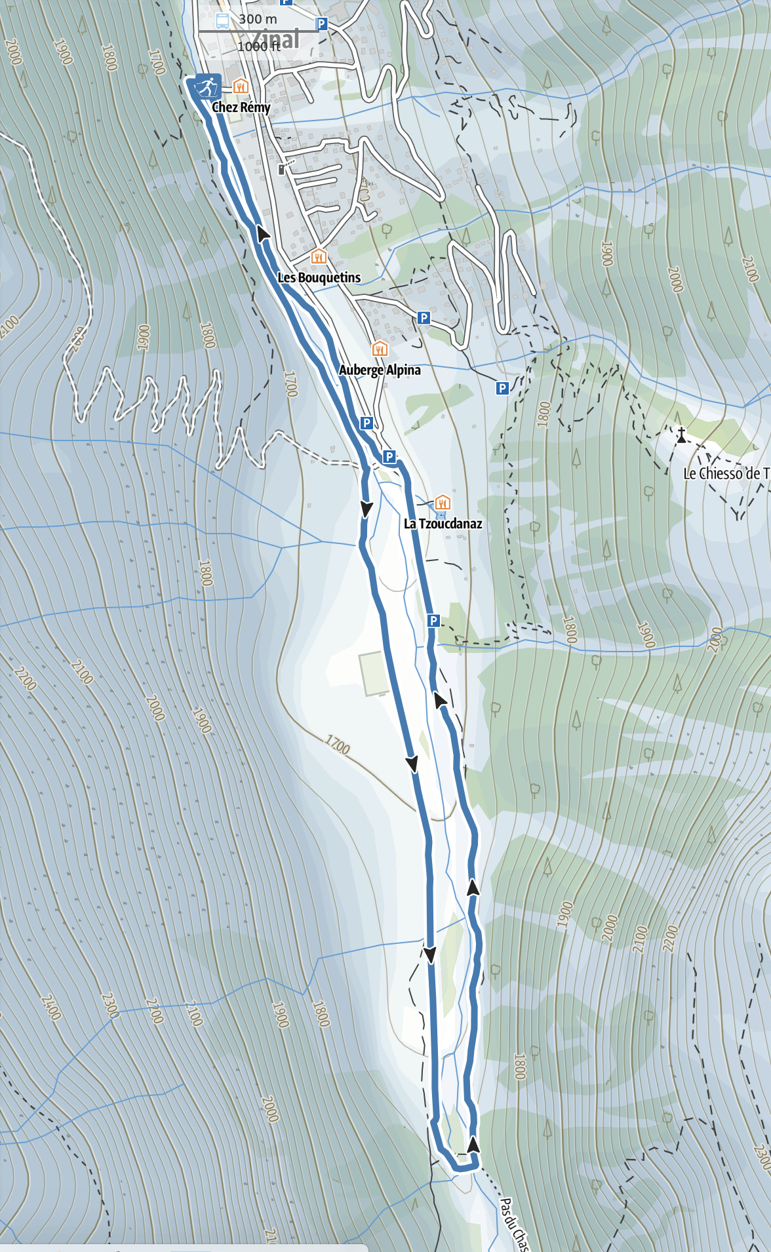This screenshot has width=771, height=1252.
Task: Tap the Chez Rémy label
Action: [x=241, y=107]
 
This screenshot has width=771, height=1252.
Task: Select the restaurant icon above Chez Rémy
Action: [x=241, y=85]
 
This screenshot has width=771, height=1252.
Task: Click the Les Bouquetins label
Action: [x=319, y=277]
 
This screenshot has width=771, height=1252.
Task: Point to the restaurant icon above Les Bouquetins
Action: [x=318, y=256]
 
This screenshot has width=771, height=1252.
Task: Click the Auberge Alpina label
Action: [x=380, y=370]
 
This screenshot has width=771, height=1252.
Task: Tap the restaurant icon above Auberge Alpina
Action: [x=380, y=348]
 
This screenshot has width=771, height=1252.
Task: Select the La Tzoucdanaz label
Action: [x=443, y=523]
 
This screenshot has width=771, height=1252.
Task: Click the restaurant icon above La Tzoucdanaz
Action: [x=443, y=502]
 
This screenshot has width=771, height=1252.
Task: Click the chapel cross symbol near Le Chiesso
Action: [x=681, y=435]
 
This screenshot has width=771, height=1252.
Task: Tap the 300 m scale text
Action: [x=258, y=19]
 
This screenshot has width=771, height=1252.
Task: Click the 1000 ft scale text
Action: [x=258, y=46]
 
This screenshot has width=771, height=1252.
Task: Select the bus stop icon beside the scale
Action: [x=222, y=20]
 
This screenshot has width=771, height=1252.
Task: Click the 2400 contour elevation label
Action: [x=50, y=1007]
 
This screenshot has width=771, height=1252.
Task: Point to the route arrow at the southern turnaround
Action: [x=473, y=1144]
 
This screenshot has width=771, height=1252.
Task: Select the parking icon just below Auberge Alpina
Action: [x=367, y=423]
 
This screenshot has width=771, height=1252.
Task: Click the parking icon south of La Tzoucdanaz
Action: [x=433, y=620]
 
